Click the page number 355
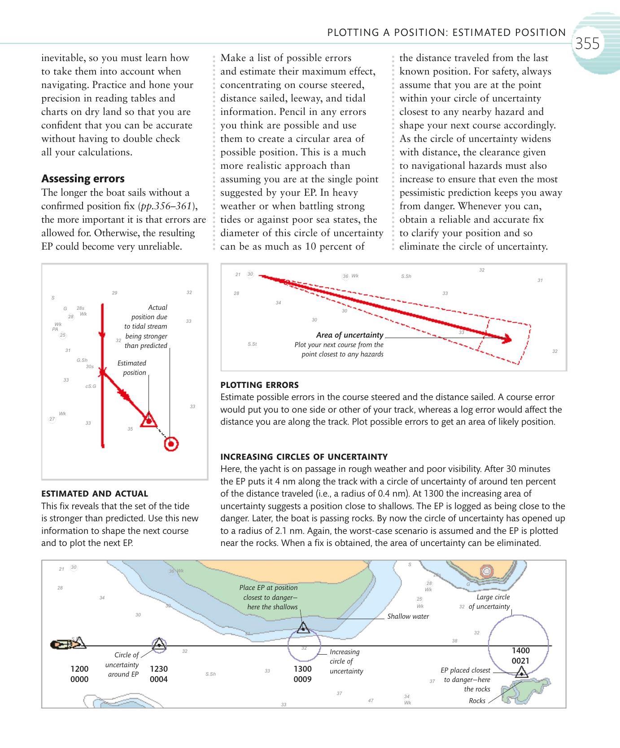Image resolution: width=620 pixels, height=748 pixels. pyautogui.click(x=587, y=44)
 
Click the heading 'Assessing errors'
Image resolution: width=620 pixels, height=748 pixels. pyautogui.click(x=83, y=179)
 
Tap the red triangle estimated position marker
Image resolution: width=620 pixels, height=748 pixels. pyautogui.click(x=148, y=420)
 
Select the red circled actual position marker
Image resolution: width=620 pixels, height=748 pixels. pyautogui.click(x=171, y=444)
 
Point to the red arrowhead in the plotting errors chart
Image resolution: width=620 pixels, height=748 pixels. pyautogui.click(x=507, y=339)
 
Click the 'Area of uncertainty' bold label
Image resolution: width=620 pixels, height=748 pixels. pyautogui.click(x=349, y=335)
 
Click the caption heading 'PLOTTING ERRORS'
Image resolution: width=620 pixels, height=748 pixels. pyautogui.click(x=259, y=385)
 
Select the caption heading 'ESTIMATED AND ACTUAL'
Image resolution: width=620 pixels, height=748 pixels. pyautogui.click(x=95, y=493)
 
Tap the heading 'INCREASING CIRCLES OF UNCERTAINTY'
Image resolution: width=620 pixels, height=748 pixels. pyautogui.click(x=304, y=457)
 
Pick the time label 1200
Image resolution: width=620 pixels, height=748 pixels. pyautogui.click(x=79, y=669)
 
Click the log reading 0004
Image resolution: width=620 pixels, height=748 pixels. pyautogui.click(x=158, y=679)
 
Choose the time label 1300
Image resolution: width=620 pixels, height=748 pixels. pyautogui.click(x=302, y=669)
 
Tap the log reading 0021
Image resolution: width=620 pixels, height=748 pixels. pyautogui.click(x=520, y=661)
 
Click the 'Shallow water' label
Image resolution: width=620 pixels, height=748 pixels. pyautogui.click(x=408, y=616)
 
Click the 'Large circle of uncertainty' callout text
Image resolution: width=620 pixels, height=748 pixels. pyautogui.click(x=489, y=602)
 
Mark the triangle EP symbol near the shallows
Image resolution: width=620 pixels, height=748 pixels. pyautogui.click(x=303, y=627)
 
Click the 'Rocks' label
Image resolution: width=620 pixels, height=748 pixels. pyautogui.click(x=477, y=701)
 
